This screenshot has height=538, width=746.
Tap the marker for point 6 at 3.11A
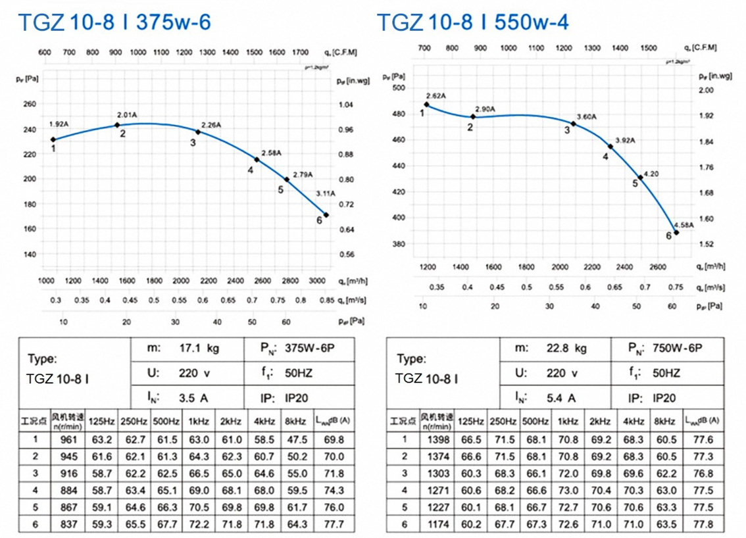pyautogui.click(x=326, y=215)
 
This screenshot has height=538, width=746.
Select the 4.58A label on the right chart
pyautogui.click(x=684, y=225)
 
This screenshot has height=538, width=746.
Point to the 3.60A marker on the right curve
pyautogui.click(x=573, y=124)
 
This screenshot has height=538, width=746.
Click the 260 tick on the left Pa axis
pyautogui.click(x=30, y=104)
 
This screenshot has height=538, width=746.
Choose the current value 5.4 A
pyautogui.click(x=562, y=398)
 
